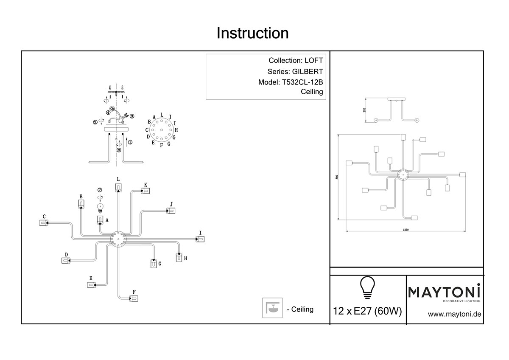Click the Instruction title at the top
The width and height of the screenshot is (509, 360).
click(253, 33)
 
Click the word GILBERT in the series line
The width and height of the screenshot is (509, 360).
click(308, 72)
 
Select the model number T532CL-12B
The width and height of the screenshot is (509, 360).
click(302, 82)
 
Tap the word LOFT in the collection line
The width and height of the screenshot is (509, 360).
click(314, 61)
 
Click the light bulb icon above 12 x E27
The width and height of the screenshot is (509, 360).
click(368, 288)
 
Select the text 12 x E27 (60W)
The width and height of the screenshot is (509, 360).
click(368, 312)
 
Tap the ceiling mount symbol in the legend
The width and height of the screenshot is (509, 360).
click(271, 308)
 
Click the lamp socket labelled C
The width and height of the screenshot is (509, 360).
click(43, 222)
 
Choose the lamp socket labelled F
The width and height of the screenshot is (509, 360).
click(134, 299)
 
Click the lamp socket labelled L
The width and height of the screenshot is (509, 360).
click(118, 187)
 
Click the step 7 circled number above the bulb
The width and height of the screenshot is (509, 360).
click(100, 190)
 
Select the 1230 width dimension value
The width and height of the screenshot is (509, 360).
click(406, 230)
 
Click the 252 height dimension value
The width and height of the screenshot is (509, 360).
click(364, 110)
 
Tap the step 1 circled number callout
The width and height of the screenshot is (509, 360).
click(130, 143)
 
